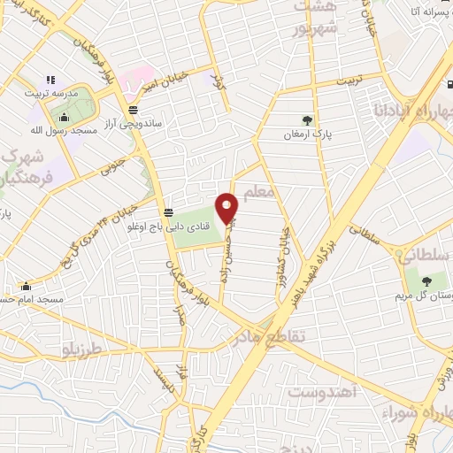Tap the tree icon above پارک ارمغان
pos(307,120)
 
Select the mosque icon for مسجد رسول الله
pos(64,118)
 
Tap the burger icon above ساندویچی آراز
pos(133,110)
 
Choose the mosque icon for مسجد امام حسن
pos(26,286)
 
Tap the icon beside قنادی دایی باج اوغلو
pos(167,212)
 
